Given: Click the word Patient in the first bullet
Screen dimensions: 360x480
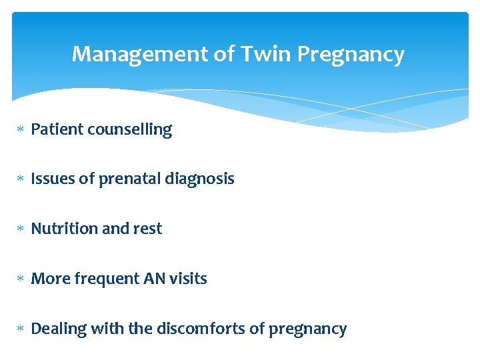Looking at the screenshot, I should (x=55, y=129).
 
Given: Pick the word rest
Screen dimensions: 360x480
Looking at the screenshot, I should (x=148, y=229).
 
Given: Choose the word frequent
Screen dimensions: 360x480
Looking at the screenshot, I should (x=97, y=279).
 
